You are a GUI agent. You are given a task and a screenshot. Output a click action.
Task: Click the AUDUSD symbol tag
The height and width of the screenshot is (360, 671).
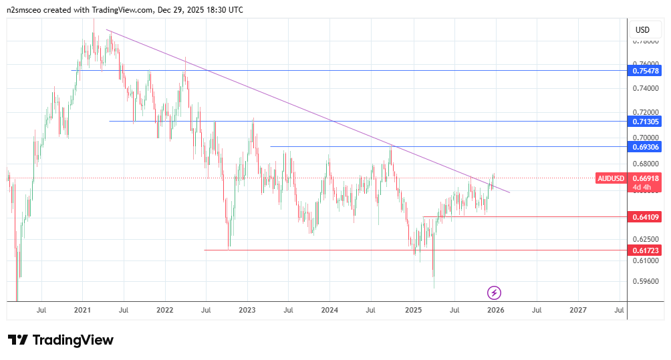tap(611, 178)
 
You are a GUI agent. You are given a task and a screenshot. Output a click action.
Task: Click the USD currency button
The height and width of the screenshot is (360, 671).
tap(642, 29)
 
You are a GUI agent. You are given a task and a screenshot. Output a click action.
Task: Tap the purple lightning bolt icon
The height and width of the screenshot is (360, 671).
tap(495, 293)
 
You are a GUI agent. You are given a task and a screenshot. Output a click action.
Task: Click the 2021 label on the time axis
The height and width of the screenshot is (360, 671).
tap(82, 310)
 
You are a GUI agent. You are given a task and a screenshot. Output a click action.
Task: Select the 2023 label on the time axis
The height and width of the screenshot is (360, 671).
tap(247, 310)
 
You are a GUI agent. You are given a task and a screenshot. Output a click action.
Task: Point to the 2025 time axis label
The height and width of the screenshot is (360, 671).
tap(413, 310)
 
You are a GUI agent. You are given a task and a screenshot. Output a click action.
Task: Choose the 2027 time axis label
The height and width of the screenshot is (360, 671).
tap(578, 310)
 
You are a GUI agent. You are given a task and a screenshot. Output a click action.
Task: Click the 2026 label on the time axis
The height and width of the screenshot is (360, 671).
tap(495, 310)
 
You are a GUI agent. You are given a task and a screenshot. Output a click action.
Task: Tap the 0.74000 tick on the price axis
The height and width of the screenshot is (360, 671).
tap(645, 88)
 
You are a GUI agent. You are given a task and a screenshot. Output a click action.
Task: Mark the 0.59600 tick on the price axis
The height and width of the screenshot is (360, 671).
tap(645, 281)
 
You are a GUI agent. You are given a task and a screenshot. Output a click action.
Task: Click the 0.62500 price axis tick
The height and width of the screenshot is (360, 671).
tap(645, 238)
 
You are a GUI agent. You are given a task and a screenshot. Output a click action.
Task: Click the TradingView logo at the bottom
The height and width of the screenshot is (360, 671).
tap(61, 340)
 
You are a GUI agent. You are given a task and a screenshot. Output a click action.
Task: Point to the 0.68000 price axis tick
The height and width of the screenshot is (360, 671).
tap(645, 163)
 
